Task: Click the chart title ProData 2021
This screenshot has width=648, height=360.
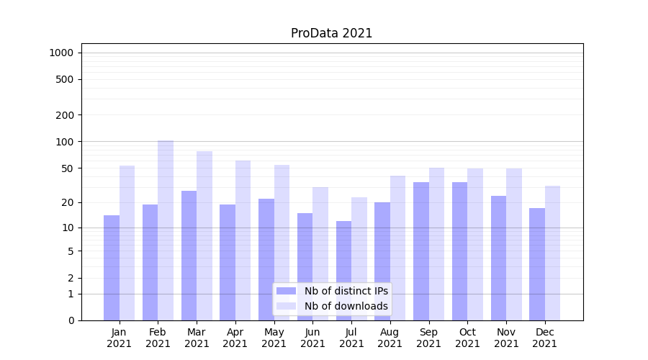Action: click(x=331, y=33)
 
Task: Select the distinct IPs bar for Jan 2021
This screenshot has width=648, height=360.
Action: click(x=112, y=268)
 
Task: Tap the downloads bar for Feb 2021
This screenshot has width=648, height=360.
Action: click(x=166, y=230)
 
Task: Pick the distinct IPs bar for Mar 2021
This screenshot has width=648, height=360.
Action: click(x=189, y=256)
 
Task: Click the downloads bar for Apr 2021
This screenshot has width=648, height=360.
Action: click(x=243, y=240)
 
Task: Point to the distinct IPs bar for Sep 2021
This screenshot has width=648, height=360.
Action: click(x=421, y=251)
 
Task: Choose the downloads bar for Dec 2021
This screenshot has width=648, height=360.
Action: click(x=552, y=253)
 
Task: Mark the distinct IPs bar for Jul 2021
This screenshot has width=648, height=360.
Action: click(x=343, y=271)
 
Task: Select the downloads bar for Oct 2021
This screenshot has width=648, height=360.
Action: click(x=475, y=244)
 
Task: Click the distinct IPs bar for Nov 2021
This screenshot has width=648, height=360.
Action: click(x=498, y=258)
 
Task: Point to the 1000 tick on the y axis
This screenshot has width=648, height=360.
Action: click(x=61, y=53)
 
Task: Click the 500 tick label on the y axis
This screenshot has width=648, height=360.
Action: click(x=65, y=79)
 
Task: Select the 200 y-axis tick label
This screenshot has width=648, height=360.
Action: click(x=65, y=115)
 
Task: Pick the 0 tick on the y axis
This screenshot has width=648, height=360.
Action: click(x=71, y=320)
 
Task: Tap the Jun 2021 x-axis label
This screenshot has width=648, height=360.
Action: click(x=312, y=338)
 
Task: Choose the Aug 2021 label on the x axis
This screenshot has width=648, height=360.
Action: click(x=390, y=338)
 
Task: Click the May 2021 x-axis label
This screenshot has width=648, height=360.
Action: click(x=274, y=338)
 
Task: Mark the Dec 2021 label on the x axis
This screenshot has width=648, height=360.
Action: click(x=544, y=338)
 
